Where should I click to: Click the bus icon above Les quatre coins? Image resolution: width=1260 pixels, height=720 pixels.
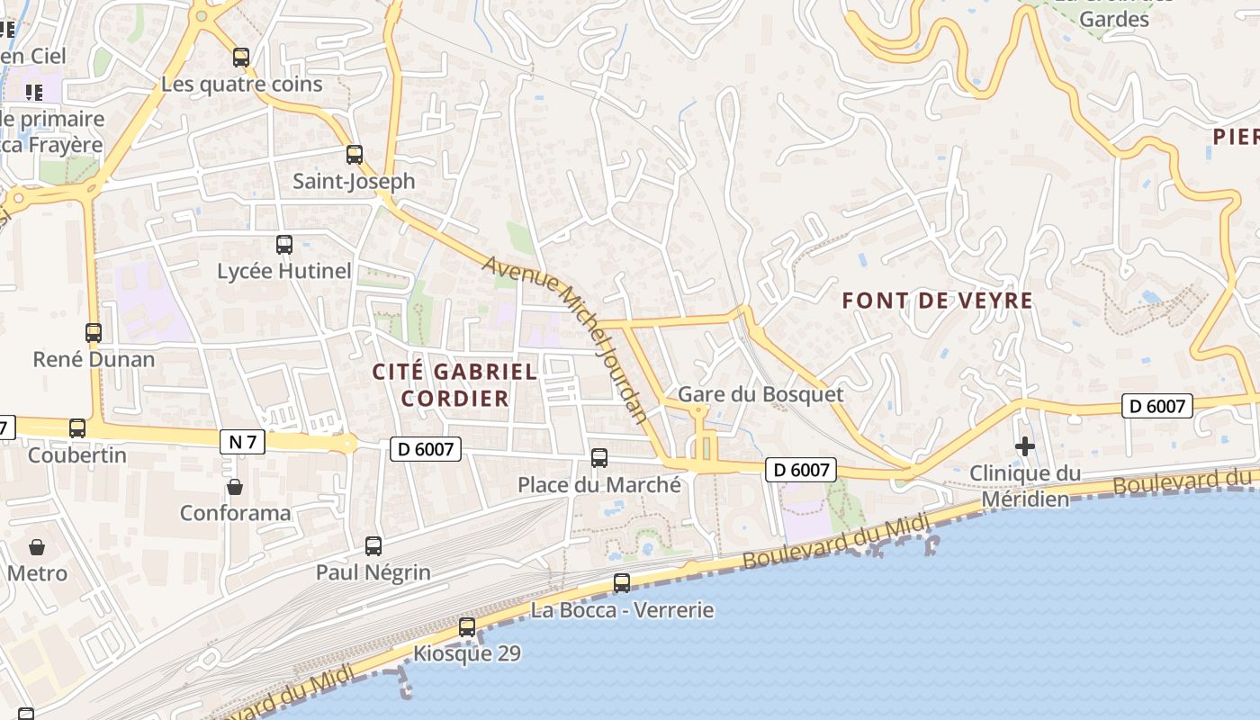coord(241,58)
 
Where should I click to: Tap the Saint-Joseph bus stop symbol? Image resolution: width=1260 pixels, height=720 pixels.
coord(355,155)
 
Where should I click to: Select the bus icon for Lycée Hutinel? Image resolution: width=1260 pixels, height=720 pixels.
coord(284,244)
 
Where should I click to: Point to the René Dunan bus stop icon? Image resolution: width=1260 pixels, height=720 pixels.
coord(94,333)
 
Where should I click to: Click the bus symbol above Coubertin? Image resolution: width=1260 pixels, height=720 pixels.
coord(77,428)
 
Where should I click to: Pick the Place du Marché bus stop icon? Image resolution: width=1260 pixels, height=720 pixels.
coord(599,458)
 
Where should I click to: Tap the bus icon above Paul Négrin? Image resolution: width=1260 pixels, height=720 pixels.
coord(373,545)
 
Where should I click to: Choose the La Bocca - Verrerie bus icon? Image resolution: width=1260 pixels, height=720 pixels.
coord(622,583)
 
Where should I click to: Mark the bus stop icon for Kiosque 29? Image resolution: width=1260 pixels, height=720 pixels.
coord(467,627)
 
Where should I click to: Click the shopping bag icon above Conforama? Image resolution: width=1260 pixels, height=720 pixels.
coord(235,487)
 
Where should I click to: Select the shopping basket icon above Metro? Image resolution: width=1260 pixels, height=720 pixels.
coord(37,547)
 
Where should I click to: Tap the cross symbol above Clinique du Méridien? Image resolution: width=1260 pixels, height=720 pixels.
coord(1024,446)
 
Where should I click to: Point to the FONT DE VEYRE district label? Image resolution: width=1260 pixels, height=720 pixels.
coord(937,301)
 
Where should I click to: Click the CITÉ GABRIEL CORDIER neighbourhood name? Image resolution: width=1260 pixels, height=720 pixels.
coord(454,384)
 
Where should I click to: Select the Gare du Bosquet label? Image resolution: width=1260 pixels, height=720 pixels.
coord(760,394)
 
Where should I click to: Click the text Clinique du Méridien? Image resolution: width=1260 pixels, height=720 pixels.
coord(1025,486)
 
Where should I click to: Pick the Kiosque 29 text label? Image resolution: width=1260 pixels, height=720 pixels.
coord(467,653)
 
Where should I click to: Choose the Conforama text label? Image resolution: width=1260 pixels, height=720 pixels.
coord(236,513)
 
